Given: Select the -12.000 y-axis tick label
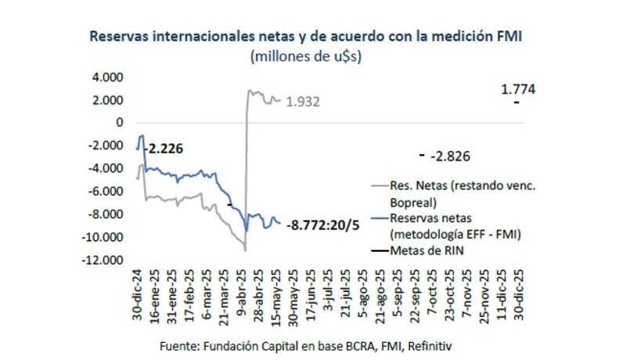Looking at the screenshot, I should [103, 260].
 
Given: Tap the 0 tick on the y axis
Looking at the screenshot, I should [120, 123].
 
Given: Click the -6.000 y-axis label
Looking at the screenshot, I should [106, 192].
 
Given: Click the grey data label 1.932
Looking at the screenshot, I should [302, 103].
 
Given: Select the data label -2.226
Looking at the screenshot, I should [164, 148].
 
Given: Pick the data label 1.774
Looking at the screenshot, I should [517, 90].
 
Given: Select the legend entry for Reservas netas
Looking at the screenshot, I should [443, 225].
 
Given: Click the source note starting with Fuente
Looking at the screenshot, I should [306, 345].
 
